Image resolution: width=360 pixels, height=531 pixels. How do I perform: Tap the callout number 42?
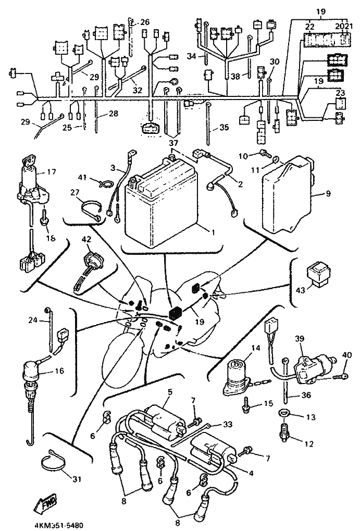(86, 240)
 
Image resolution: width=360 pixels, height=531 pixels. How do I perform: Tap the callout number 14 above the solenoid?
(241, 348)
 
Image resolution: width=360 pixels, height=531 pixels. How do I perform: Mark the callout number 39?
(300, 339)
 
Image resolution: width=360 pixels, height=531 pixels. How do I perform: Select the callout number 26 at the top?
(144, 22)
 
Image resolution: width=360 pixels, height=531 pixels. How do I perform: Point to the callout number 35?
(224, 127)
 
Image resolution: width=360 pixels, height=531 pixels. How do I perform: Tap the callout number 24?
(32, 320)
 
